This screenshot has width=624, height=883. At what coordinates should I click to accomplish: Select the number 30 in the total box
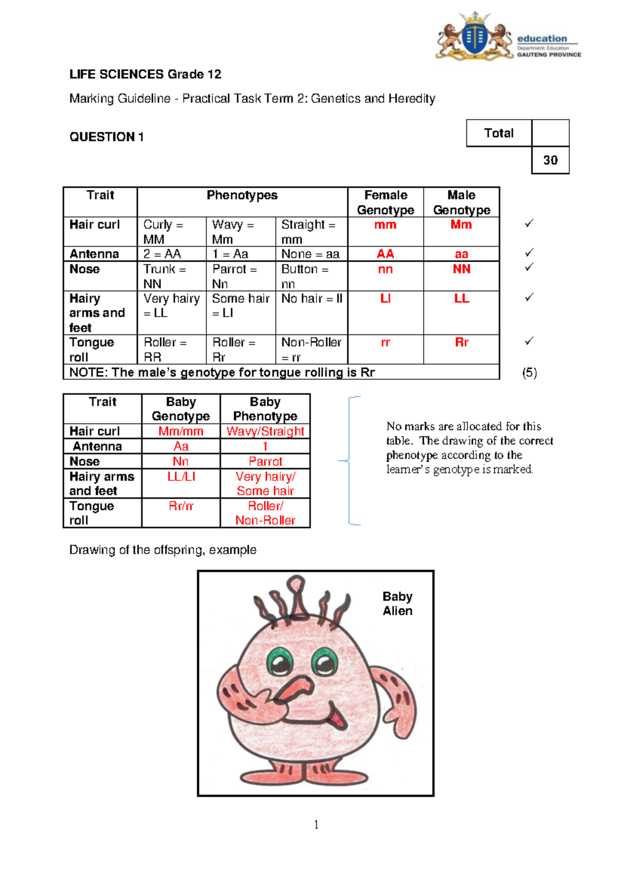[x=550, y=160]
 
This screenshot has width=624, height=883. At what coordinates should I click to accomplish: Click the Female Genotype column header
[x=385, y=202]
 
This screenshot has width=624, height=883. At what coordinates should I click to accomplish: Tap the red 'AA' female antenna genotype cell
[x=385, y=254]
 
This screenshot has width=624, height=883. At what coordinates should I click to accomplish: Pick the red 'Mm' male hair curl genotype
[x=461, y=225]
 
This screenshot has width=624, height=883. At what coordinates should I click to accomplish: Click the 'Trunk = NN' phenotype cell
[x=171, y=276]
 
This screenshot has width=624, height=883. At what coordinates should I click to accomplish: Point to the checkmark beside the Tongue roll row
[x=529, y=341]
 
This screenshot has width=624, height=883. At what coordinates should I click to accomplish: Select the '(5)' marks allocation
[x=529, y=372]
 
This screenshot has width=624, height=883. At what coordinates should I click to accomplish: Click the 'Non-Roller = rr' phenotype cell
[x=311, y=349]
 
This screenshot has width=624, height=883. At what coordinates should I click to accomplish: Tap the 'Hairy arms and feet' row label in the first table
[x=97, y=313]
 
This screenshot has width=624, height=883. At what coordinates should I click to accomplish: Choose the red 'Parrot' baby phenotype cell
[x=265, y=461]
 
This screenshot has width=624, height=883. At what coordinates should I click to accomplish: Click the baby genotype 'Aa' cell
[x=181, y=446]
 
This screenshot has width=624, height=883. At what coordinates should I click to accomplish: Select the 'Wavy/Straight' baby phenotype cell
[x=265, y=431]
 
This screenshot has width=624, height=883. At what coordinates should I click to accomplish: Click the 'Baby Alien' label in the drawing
[x=397, y=603]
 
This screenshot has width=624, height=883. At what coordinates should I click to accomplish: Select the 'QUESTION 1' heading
[x=107, y=137]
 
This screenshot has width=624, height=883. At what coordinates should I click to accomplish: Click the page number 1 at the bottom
[x=316, y=824]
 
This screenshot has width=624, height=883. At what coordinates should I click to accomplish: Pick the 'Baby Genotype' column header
[x=181, y=409]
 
